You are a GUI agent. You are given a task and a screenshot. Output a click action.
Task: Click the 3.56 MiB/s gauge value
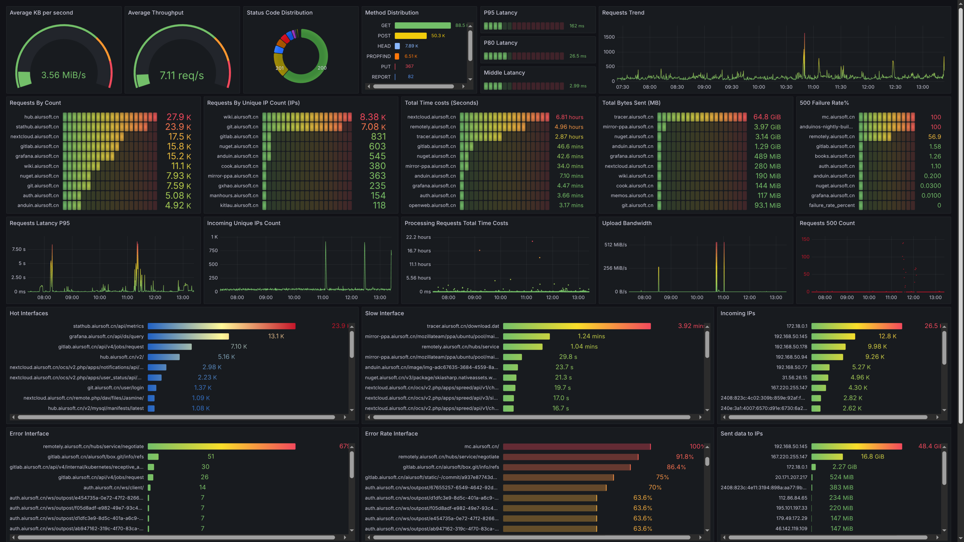click(63, 75)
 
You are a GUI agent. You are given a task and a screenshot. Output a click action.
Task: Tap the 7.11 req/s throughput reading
click(182, 76)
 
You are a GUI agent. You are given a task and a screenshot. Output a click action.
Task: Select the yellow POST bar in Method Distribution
click(410, 36)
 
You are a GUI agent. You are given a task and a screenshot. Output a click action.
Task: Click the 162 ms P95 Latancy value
click(576, 26)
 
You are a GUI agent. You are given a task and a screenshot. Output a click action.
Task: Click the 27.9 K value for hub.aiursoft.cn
click(178, 117)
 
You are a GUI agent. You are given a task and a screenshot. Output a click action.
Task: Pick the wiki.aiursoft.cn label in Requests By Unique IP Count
click(241, 117)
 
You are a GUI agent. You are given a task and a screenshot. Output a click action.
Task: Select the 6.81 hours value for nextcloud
click(569, 117)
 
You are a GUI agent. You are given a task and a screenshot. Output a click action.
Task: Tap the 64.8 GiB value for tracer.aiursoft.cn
click(767, 117)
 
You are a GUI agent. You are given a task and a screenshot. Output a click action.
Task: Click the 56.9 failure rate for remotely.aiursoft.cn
click(934, 137)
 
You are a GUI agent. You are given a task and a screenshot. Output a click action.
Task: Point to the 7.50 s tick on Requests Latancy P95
click(19, 249)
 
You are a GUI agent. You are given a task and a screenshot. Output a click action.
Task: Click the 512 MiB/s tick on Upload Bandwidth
click(615, 245)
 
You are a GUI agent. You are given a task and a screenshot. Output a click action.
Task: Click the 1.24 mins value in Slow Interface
click(591, 336)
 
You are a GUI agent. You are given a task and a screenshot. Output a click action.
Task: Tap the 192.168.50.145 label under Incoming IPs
click(790, 336)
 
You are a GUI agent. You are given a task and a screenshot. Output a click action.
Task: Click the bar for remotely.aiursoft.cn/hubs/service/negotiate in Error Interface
click(221, 446)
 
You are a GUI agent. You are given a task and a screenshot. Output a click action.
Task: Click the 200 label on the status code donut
click(322, 68)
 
